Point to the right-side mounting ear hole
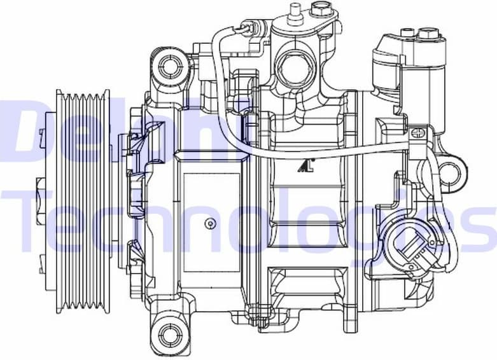point(449,171)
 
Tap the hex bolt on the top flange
point(322,9)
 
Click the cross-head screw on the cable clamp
point(417,134)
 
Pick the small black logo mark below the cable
point(305,166)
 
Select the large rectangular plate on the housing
point(210,223)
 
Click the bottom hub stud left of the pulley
point(42,260)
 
